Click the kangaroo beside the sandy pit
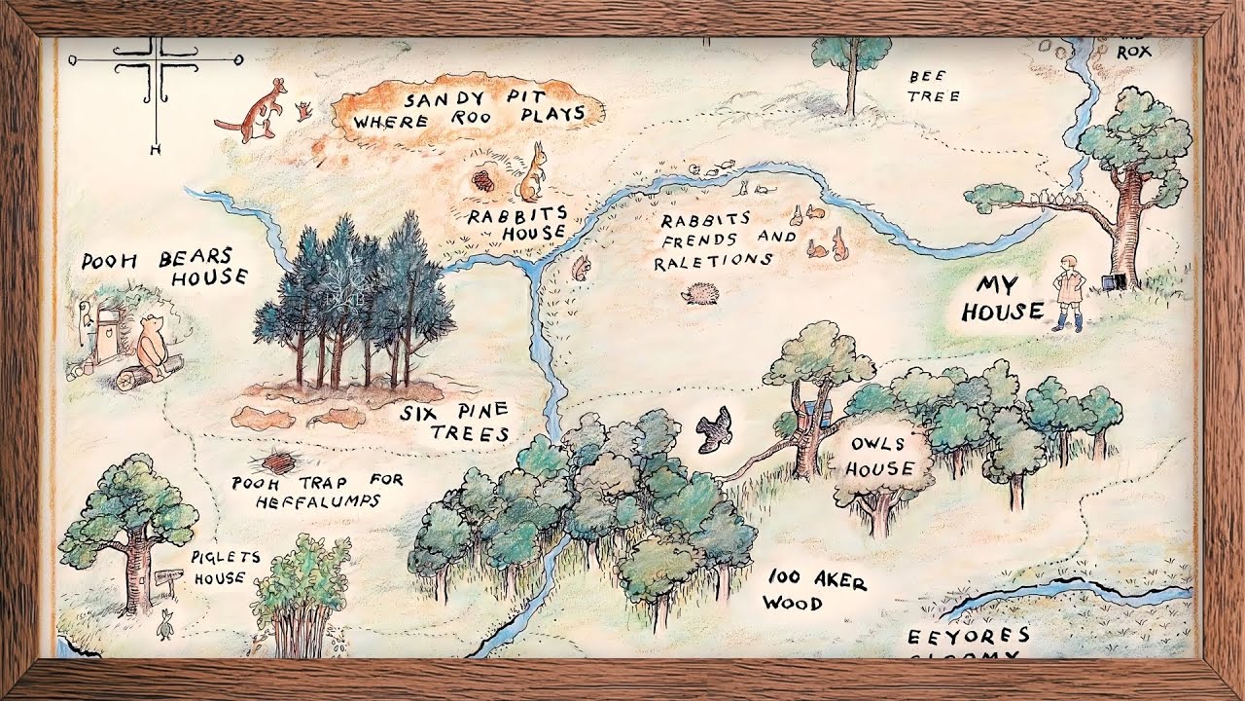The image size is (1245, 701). tap(256, 110)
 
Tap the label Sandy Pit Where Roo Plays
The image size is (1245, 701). tap(468, 109)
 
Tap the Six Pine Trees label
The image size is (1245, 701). tap(455, 422)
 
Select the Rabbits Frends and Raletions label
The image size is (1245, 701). tap(725, 240)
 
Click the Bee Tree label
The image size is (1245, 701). tap(934, 86)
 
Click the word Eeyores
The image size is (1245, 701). tap(968, 637)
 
